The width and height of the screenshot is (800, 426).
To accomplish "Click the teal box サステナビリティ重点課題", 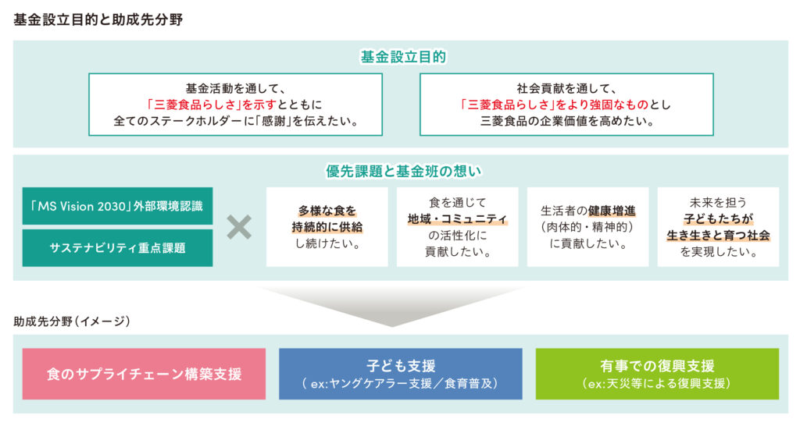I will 117,247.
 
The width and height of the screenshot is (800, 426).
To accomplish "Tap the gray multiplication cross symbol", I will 239,227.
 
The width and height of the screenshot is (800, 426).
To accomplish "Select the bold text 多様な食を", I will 327,211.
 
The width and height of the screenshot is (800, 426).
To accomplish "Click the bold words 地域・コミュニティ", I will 458,219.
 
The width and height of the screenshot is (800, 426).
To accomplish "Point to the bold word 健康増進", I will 612,211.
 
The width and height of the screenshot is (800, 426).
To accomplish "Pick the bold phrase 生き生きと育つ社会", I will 718,236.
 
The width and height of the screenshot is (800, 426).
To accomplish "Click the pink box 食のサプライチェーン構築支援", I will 144,374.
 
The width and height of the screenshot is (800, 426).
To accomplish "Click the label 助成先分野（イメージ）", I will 71,321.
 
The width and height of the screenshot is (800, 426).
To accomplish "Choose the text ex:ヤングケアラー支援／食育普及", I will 401,384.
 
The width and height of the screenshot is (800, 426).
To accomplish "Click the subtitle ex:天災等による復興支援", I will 656,384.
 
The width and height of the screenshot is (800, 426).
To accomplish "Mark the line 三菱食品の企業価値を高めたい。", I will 566,122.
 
